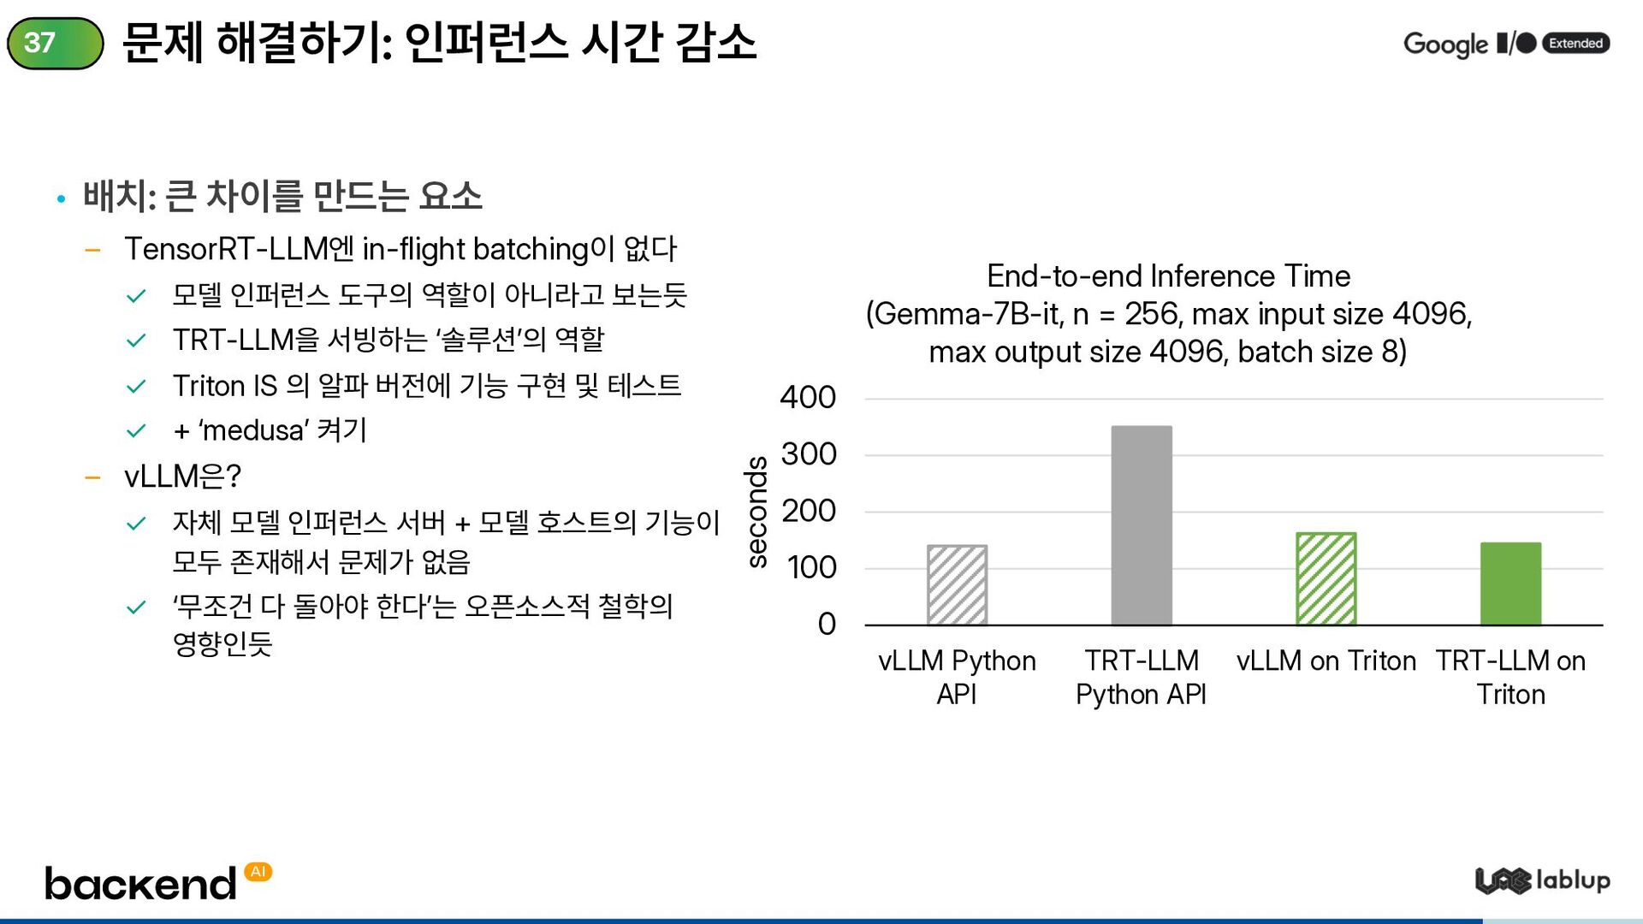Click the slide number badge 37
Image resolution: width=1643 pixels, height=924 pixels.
(x=55, y=43)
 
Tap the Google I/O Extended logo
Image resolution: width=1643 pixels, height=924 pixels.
(x=1506, y=43)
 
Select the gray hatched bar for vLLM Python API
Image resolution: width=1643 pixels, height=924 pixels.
(x=957, y=585)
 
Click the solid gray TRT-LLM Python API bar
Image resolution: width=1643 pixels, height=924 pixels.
(x=1142, y=525)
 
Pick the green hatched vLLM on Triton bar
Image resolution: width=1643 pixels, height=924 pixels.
(x=1326, y=579)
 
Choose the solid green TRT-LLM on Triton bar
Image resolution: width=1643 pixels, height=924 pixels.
(x=1510, y=583)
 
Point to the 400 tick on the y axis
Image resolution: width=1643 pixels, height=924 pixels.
(x=808, y=398)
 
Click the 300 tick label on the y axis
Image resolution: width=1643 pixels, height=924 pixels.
(x=808, y=454)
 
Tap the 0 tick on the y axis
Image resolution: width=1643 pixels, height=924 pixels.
(x=827, y=624)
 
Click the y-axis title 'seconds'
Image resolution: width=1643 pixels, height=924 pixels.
(x=756, y=512)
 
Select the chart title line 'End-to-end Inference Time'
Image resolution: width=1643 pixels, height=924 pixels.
(x=1168, y=276)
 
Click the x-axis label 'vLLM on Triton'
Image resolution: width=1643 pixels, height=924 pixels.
(x=1326, y=661)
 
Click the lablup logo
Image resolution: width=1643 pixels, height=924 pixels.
(x=1542, y=880)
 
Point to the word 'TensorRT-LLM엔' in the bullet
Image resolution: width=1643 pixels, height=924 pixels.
(x=239, y=249)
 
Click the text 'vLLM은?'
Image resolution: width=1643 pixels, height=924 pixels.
(x=183, y=476)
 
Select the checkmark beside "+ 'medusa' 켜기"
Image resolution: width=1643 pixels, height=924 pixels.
(x=136, y=430)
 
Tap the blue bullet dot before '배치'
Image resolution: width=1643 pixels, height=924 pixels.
(x=61, y=199)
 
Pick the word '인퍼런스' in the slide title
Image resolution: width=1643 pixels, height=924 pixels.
(x=486, y=43)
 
